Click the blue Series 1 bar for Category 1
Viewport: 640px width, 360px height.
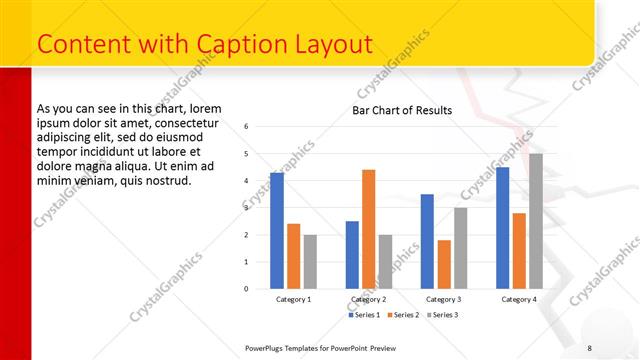(x=277, y=231)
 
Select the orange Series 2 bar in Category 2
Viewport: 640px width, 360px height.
(x=368, y=229)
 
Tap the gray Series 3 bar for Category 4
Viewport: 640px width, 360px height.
(x=536, y=221)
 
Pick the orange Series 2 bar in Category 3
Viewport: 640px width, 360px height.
(x=444, y=264)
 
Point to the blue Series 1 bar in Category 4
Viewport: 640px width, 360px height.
(x=502, y=228)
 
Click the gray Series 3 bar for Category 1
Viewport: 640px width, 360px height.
(x=310, y=262)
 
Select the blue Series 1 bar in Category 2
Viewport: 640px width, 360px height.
(x=352, y=255)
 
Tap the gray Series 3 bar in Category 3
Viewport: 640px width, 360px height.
(x=460, y=248)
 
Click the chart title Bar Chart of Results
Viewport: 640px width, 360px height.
(x=402, y=110)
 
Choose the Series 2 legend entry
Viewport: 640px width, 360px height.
(x=405, y=315)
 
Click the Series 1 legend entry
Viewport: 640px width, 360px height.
(x=366, y=315)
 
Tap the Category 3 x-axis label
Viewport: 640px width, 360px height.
(x=444, y=299)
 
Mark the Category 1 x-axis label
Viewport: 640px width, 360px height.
(x=293, y=299)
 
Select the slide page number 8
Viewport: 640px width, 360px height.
(x=589, y=347)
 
